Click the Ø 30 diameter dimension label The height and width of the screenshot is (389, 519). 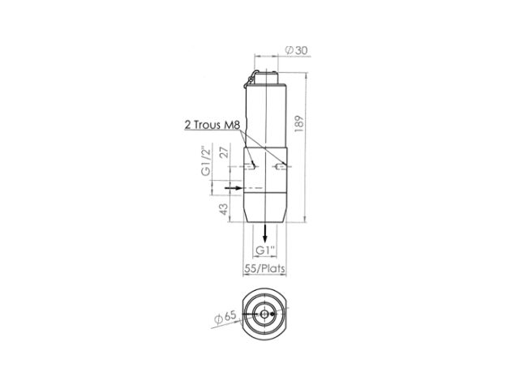click(x=296, y=50)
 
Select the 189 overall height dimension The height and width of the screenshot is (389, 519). click(x=299, y=124)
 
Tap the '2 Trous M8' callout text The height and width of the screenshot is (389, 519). click(x=212, y=125)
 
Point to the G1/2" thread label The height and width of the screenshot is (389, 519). click(x=205, y=160)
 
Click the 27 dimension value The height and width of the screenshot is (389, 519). click(x=224, y=152)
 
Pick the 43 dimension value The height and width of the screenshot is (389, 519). click(x=224, y=209)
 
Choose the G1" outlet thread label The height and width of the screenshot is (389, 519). click(x=265, y=250)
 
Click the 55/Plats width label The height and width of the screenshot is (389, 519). click(x=264, y=268)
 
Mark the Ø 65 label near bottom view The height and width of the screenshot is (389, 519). click(x=225, y=317)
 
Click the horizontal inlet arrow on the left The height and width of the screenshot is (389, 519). click(x=234, y=188)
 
